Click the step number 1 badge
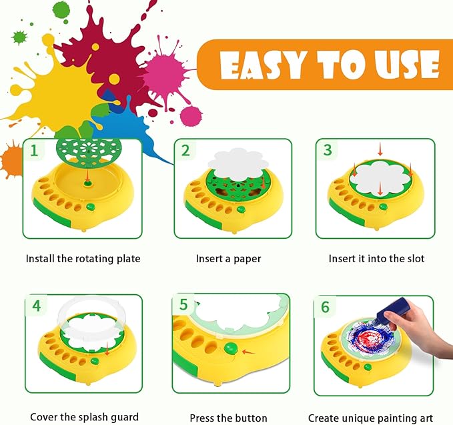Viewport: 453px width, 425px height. click(33, 150)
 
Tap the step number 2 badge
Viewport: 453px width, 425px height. click(185, 150)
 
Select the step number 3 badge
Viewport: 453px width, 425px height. click(327, 150)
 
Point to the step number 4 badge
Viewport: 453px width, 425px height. click(36, 306)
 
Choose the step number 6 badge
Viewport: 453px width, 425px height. click(326, 307)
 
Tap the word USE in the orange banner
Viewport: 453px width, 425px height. click(405, 66)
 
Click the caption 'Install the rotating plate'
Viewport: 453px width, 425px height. click(83, 258)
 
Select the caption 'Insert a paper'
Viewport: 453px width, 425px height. click(228, 258)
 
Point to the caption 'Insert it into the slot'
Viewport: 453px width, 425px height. click(376, 258)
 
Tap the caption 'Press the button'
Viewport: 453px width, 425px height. click(228, 418)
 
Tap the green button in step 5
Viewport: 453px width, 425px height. click(231, 348)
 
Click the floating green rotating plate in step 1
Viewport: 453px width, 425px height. click(82, 153)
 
